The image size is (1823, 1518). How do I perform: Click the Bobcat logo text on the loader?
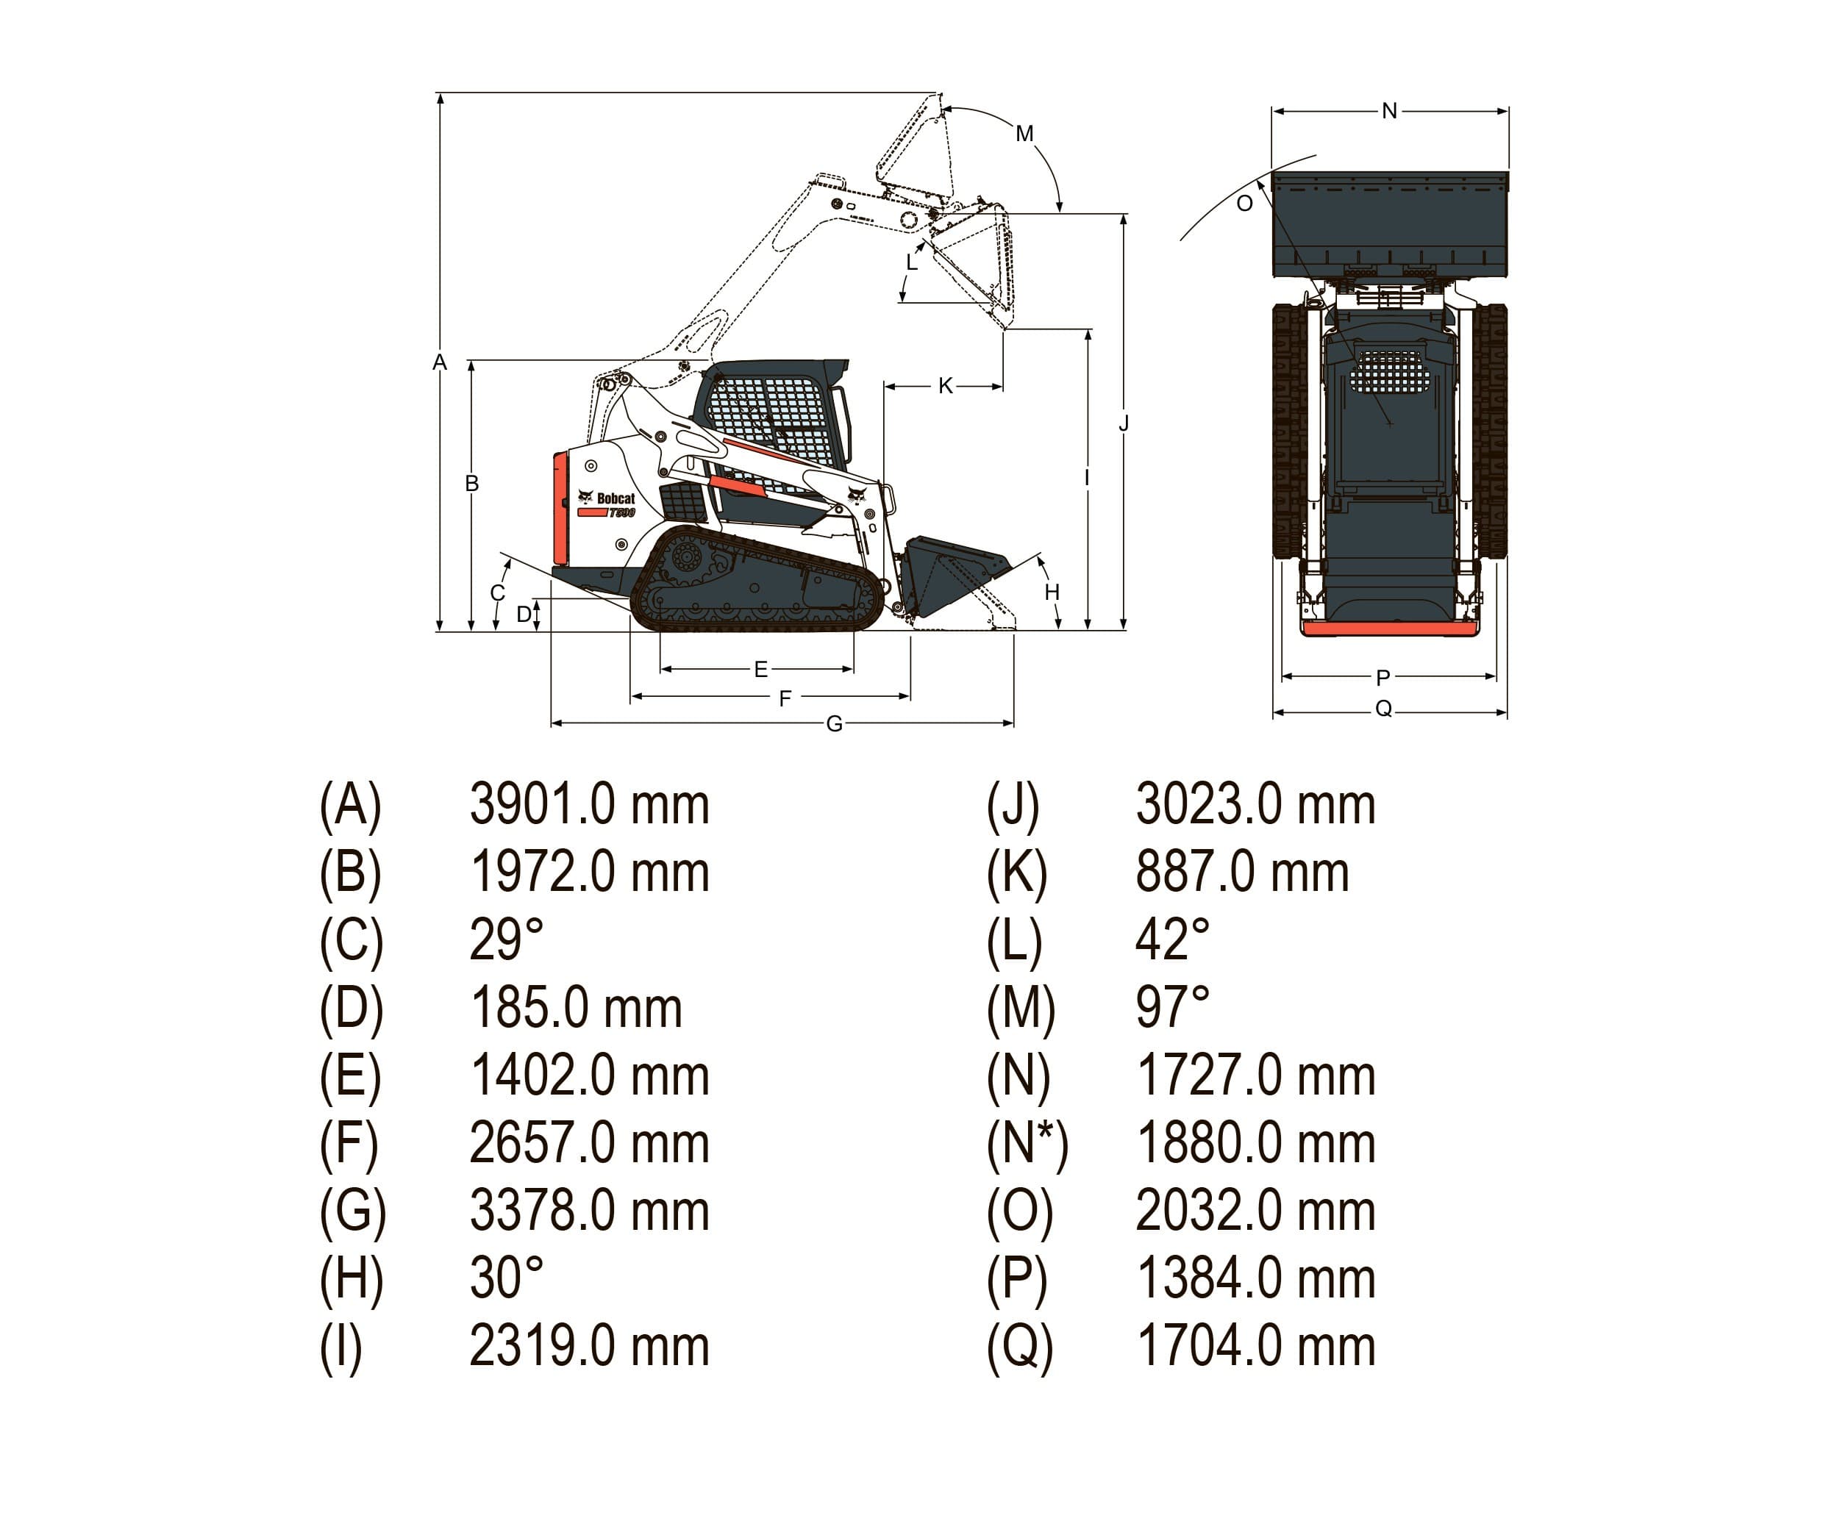tap(615, 498)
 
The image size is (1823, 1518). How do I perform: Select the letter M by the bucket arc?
tap(1024, 134)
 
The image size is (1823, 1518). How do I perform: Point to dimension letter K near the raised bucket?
tap(946, 385)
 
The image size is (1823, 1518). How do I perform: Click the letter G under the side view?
tap(833, 724)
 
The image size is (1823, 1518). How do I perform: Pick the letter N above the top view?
tap(1389, 111)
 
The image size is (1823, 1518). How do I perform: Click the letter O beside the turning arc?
tap(1244, 203)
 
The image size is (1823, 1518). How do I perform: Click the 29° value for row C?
tap(506, 940)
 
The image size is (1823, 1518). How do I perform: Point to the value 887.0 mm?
tap(1241, 873)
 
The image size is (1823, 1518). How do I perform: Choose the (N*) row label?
tap(1027, 1143)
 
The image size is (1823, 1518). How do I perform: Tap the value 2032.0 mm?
tap(1255, 1211)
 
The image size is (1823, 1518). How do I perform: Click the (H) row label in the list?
tap(351, 1278)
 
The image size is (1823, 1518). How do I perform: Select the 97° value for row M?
tap(1172, 1008)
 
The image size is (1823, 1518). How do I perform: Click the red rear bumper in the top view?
tap(1389, 629)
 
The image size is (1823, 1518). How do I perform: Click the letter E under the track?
tap(760, 669)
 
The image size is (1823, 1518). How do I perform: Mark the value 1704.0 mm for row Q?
tap(1255, 1346)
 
